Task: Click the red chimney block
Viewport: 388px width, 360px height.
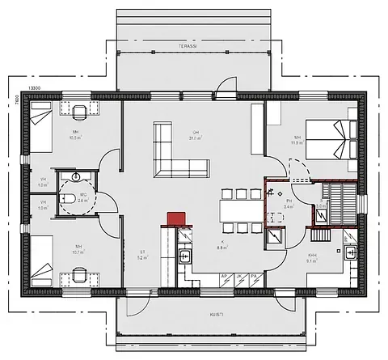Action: point(176,219)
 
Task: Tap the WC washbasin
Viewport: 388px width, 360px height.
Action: point(74,174)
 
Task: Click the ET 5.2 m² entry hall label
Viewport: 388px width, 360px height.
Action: point(142,255)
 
